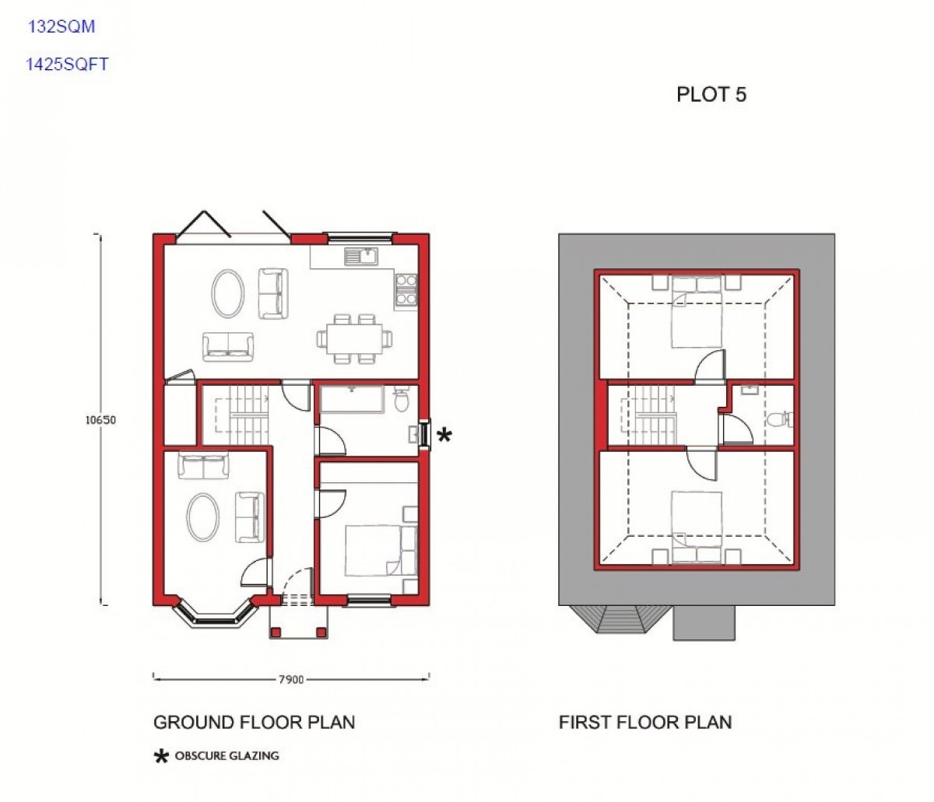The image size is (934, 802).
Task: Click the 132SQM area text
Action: (61, 26)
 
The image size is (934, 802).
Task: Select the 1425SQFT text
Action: (67, 64)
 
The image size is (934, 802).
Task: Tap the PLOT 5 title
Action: (711, 94)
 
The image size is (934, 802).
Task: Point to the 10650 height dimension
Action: (100, 420)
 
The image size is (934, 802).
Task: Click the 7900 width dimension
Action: (291, 680)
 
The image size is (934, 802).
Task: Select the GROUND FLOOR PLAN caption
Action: (255, 723)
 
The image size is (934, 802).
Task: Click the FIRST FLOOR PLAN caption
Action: (645, 723)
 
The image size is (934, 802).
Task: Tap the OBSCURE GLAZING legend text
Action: (226, 756)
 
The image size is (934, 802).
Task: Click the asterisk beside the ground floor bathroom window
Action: (444, 436)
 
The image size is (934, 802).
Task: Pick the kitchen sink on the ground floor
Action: (361, 256)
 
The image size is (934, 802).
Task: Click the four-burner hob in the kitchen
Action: (406, 290)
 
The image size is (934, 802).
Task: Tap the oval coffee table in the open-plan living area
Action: (229, 293)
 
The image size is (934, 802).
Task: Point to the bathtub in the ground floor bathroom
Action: (352, 399)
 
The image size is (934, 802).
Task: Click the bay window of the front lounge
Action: (216, 615)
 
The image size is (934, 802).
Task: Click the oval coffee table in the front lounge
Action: (203, 517)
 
